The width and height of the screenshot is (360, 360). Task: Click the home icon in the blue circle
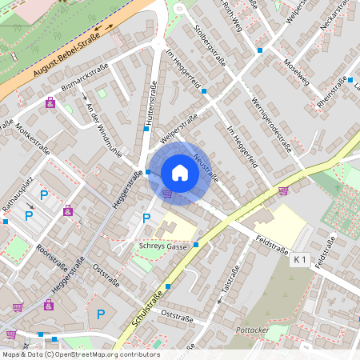(179, 173)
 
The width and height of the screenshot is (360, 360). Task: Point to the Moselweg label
(297, 71)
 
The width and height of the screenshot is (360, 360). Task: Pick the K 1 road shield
(300, 259)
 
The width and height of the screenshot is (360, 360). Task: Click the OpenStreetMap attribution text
(80, 354)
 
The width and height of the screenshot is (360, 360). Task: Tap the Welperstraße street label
(178, 130)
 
